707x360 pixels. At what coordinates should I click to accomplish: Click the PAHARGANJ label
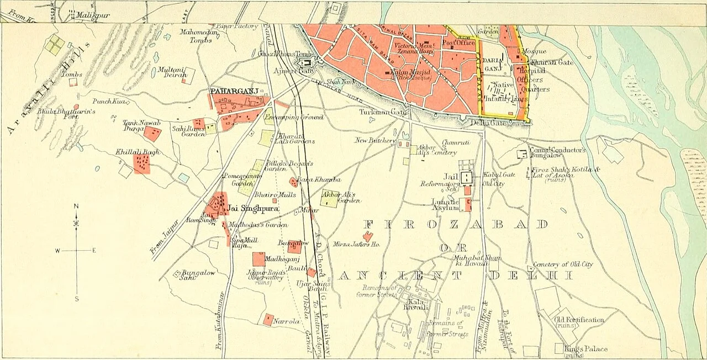[x=228, y=91]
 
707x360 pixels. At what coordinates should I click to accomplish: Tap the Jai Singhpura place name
[x=251, y=209]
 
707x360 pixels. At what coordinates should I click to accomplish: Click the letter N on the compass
[x=76, y=207]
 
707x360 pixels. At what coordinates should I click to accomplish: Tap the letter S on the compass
[x=76, y=299]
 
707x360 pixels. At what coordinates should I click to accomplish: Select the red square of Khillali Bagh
[x=141, y=164]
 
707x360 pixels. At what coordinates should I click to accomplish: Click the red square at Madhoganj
[x=258, y=259]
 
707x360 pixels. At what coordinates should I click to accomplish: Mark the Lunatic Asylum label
[x=445, y=205]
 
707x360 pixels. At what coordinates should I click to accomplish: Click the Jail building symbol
[x=467, y=178]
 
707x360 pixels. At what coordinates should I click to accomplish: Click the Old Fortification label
[x=579, y=320]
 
